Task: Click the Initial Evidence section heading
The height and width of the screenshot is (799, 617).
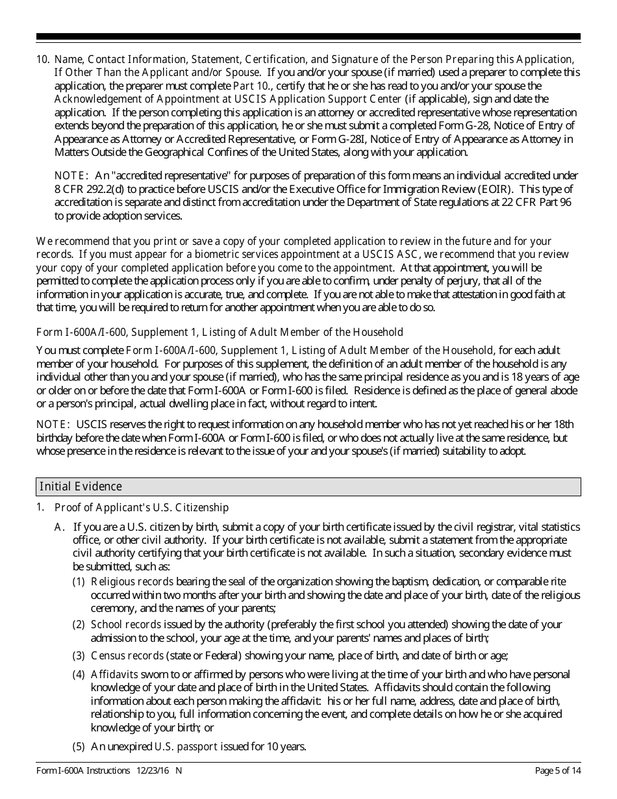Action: pyautogui.click(x=81, y=487)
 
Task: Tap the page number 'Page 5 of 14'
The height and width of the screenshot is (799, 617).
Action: pyautogui.click(x=557, y=770)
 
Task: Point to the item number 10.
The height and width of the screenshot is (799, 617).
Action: pyautogui.click(x=42, y=59)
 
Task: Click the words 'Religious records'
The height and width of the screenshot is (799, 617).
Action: pyautogui.click(x=132, y=581)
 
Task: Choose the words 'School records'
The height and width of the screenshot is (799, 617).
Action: pyautogui.click(x=126, y=624)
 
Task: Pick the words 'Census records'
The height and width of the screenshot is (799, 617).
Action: pyautogui.click(x=127, y=655)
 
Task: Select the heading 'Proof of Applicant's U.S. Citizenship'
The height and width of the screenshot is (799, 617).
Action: pyautogui.click(x=142, y=507)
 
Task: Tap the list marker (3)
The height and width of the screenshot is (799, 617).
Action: pyautogui.click(x=79, y=655)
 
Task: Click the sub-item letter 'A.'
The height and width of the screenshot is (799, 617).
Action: pyautogui.click(x=60, y=527)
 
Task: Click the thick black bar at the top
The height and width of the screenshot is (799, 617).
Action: pyautogui.click(x=308, y=37)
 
